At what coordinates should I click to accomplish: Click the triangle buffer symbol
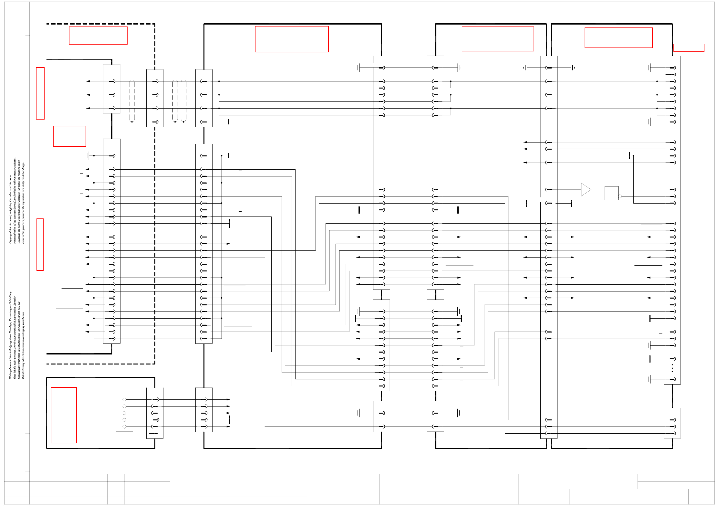pos(585,190)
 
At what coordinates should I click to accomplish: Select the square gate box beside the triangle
pos(611,193)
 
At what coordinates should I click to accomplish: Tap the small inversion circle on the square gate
pos(620,196)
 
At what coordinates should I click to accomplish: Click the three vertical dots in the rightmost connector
pos(672,368)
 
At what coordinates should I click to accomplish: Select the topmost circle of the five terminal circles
pos(124,400)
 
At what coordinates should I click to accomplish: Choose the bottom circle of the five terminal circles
pos(124,427)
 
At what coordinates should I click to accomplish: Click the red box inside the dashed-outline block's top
pos(98,35)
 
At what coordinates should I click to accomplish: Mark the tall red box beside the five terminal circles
pos(64,415)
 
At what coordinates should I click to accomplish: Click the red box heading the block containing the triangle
pos(618,38)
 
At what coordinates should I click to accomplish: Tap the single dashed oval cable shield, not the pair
pos(132,101)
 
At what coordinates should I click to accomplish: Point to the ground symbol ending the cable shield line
pos(229,122)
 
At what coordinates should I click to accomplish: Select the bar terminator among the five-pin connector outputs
pos(230,420)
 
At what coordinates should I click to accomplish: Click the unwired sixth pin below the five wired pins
pos(155,433)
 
